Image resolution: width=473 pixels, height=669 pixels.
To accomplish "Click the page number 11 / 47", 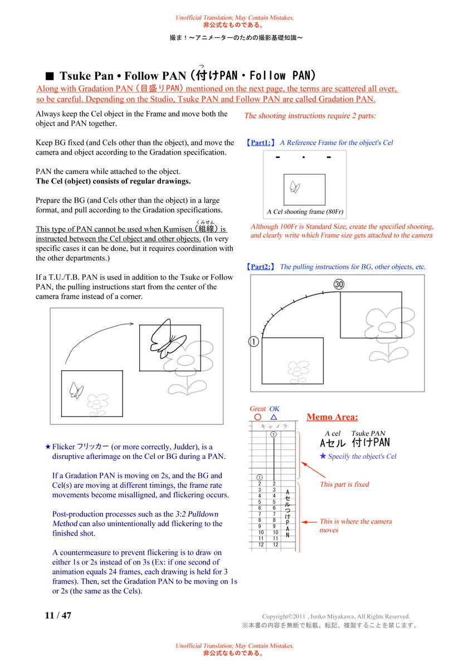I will (58, 615).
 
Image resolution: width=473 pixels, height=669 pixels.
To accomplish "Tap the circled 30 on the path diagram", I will (339, 284).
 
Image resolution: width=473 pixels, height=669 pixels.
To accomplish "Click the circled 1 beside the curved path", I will (253, 342).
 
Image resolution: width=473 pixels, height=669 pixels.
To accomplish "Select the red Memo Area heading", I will (332, 417).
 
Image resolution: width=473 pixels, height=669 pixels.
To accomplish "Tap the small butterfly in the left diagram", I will (76, 390).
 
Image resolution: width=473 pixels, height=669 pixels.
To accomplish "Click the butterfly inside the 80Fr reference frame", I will (295, 187).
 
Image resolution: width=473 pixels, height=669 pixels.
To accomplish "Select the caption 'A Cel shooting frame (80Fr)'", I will (305, 212).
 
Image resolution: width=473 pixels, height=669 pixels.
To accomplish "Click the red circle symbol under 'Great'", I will (257, 417).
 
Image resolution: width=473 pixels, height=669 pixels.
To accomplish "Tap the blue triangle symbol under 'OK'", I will (274, 417).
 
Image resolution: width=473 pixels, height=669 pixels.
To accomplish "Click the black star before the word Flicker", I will (48, 447).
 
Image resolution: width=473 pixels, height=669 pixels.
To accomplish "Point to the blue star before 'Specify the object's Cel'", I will (323, 456).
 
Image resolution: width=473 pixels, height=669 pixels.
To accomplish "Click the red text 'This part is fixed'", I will (344, 484).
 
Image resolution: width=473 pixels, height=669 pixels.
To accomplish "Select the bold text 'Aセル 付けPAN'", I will (354, 444).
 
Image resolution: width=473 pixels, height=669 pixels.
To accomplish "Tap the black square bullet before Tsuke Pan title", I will (49, 76).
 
